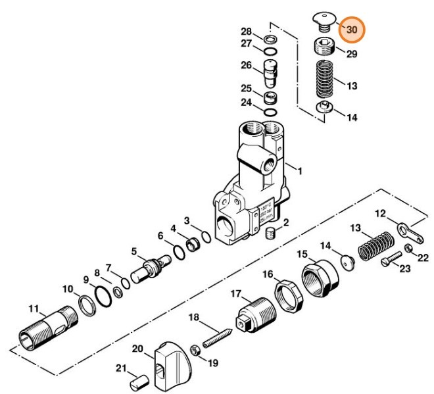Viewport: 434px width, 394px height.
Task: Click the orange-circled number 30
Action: tap(352, 30)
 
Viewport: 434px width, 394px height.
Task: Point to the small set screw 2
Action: tap(269, 234)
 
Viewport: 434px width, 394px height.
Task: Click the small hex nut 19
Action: tap(195, 349)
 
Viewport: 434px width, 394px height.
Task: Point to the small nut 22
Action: tap(408, 247)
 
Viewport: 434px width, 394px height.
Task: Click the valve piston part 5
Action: tap(149, 270)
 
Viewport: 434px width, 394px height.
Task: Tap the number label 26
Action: tap(247, 66)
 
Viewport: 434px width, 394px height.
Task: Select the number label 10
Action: tap(68, 289)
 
